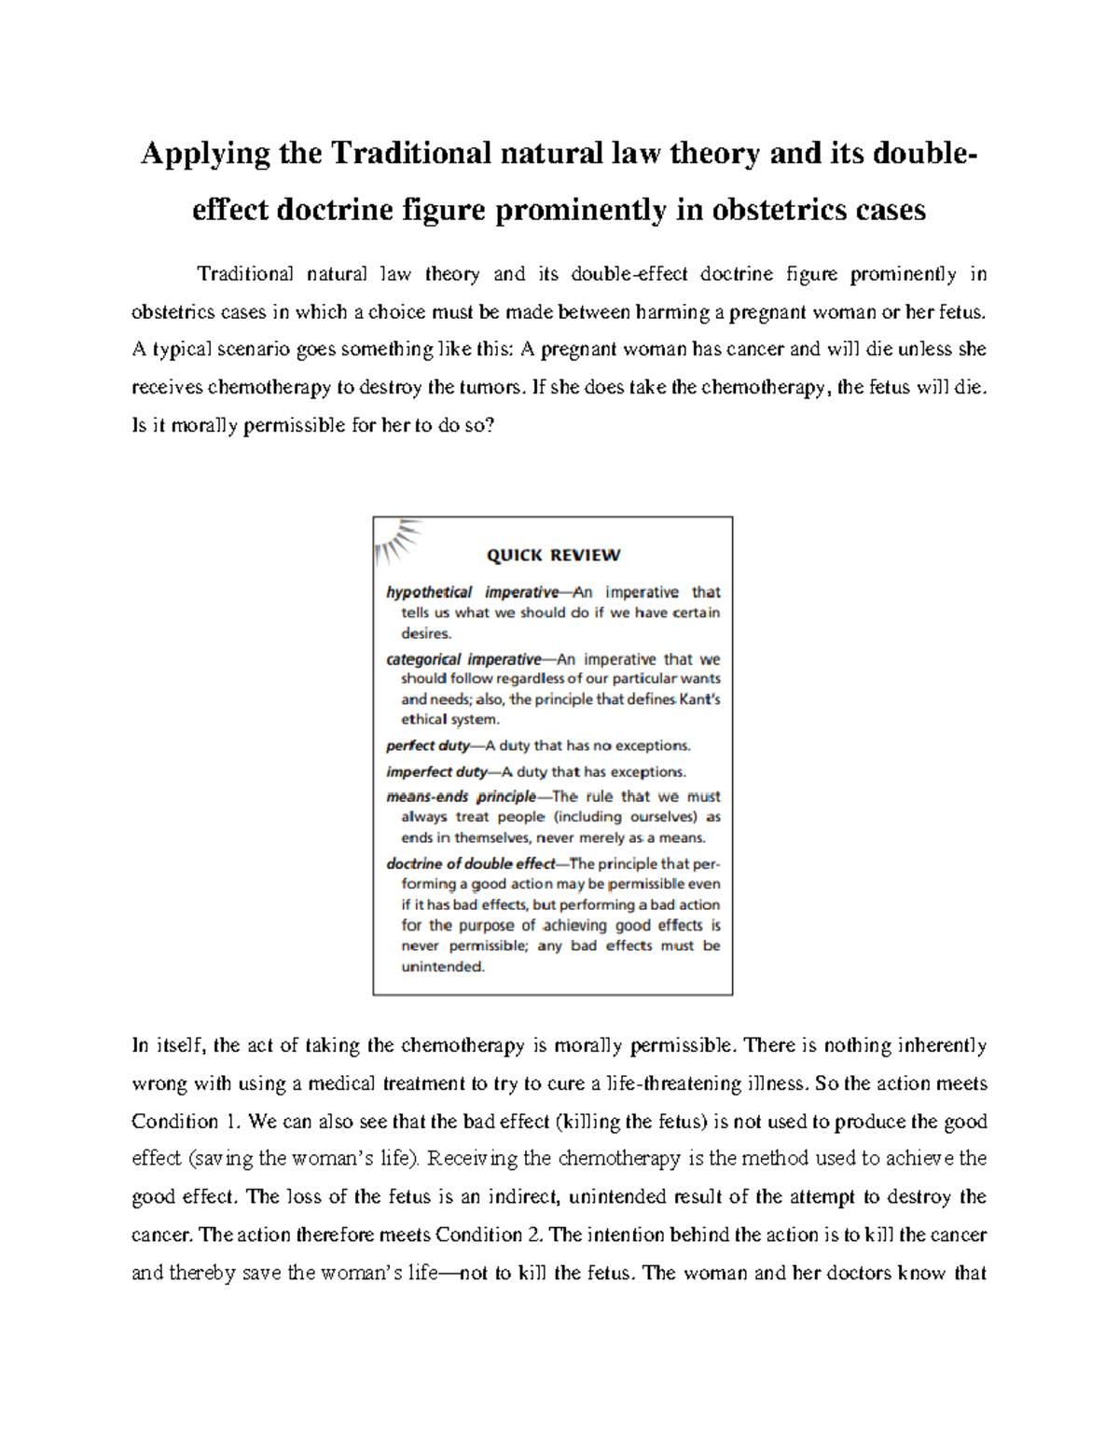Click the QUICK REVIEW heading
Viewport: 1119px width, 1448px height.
pos(553,556)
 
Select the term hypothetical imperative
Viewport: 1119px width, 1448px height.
pos(472,592)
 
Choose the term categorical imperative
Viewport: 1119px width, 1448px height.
pos(463,659)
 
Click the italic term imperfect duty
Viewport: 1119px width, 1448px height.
pos(436,771)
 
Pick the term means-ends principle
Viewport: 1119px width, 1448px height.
pos(462,796)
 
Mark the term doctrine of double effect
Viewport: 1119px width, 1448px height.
pos(471,863)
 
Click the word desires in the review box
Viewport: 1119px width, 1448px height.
pos(425,633)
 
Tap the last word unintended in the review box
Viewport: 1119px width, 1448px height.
pos(442,967)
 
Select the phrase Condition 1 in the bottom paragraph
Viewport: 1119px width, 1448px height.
pos(174,1122)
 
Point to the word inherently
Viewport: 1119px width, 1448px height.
pos(941,1046)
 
